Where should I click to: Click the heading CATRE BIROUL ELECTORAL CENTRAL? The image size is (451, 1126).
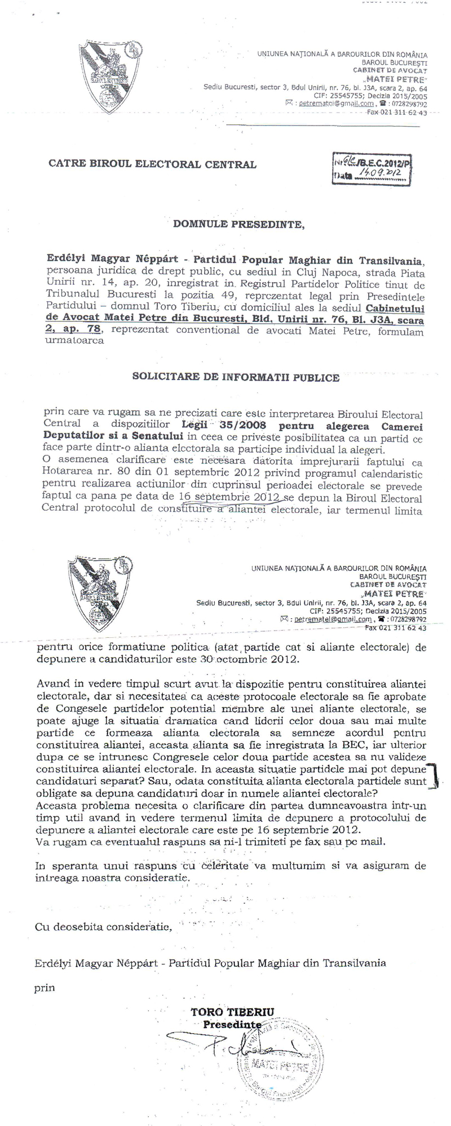152,164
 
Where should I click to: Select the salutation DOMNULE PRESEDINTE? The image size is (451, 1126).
238,224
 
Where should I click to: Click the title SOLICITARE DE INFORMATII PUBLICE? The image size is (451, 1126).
236,377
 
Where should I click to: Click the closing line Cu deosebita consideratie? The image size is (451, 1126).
103,927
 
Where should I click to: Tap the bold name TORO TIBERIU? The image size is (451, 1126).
232,1012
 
